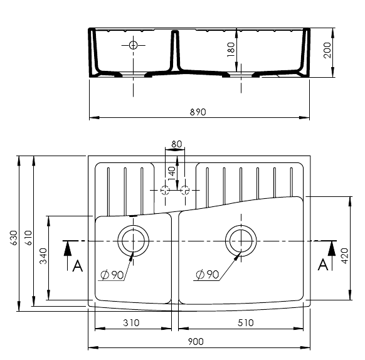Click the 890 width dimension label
click(198, 112)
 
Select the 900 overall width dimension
click(196, 342)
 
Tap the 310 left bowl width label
click(131, 323)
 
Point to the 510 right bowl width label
click(246, 323)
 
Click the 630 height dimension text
click(14, 238)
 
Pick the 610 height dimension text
click(29, 238)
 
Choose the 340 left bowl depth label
click(43, 256)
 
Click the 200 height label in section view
click(327, 50)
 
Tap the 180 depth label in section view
click(231, 50)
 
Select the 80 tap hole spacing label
click(176, 144)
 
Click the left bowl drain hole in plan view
click(133, 241)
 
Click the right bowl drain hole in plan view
click(241, 241)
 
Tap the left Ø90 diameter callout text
click(112, 275)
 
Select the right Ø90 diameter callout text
click(208, 275)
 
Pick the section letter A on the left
click(78, 266)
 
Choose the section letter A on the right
click(323, 265)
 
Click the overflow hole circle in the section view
click(133, 45)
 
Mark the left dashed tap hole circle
click(166, 190)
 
